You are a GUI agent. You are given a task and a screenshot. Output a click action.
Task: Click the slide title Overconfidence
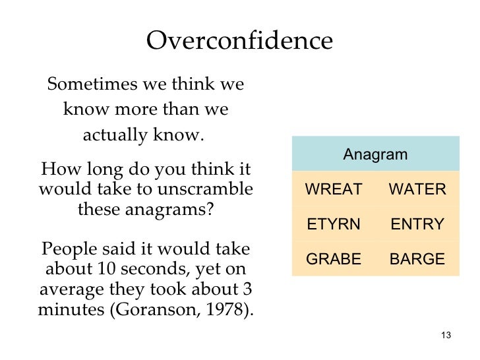tap(239, 41)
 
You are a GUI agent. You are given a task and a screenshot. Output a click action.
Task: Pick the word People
tap(70, 250)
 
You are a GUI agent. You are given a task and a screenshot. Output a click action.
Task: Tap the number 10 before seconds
tap(106, 270)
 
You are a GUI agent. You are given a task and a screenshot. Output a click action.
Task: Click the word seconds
tap(150, 270)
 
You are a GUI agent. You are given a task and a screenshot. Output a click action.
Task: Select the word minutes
tap(69, 311)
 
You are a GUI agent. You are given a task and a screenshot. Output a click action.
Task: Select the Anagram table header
tap(375, 155)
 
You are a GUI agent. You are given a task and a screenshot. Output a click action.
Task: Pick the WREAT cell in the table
tap(334, 190)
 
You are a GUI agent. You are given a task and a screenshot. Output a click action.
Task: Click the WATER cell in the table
tap(417, 190)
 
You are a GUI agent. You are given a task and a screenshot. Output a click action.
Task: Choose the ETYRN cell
tap(334, 224)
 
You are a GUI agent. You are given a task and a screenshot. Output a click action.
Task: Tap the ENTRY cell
tap(417, 224)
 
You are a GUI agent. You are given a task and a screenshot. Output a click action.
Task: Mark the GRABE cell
tap(334, 259)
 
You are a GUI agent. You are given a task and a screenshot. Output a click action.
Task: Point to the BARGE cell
tap(417, 259)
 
